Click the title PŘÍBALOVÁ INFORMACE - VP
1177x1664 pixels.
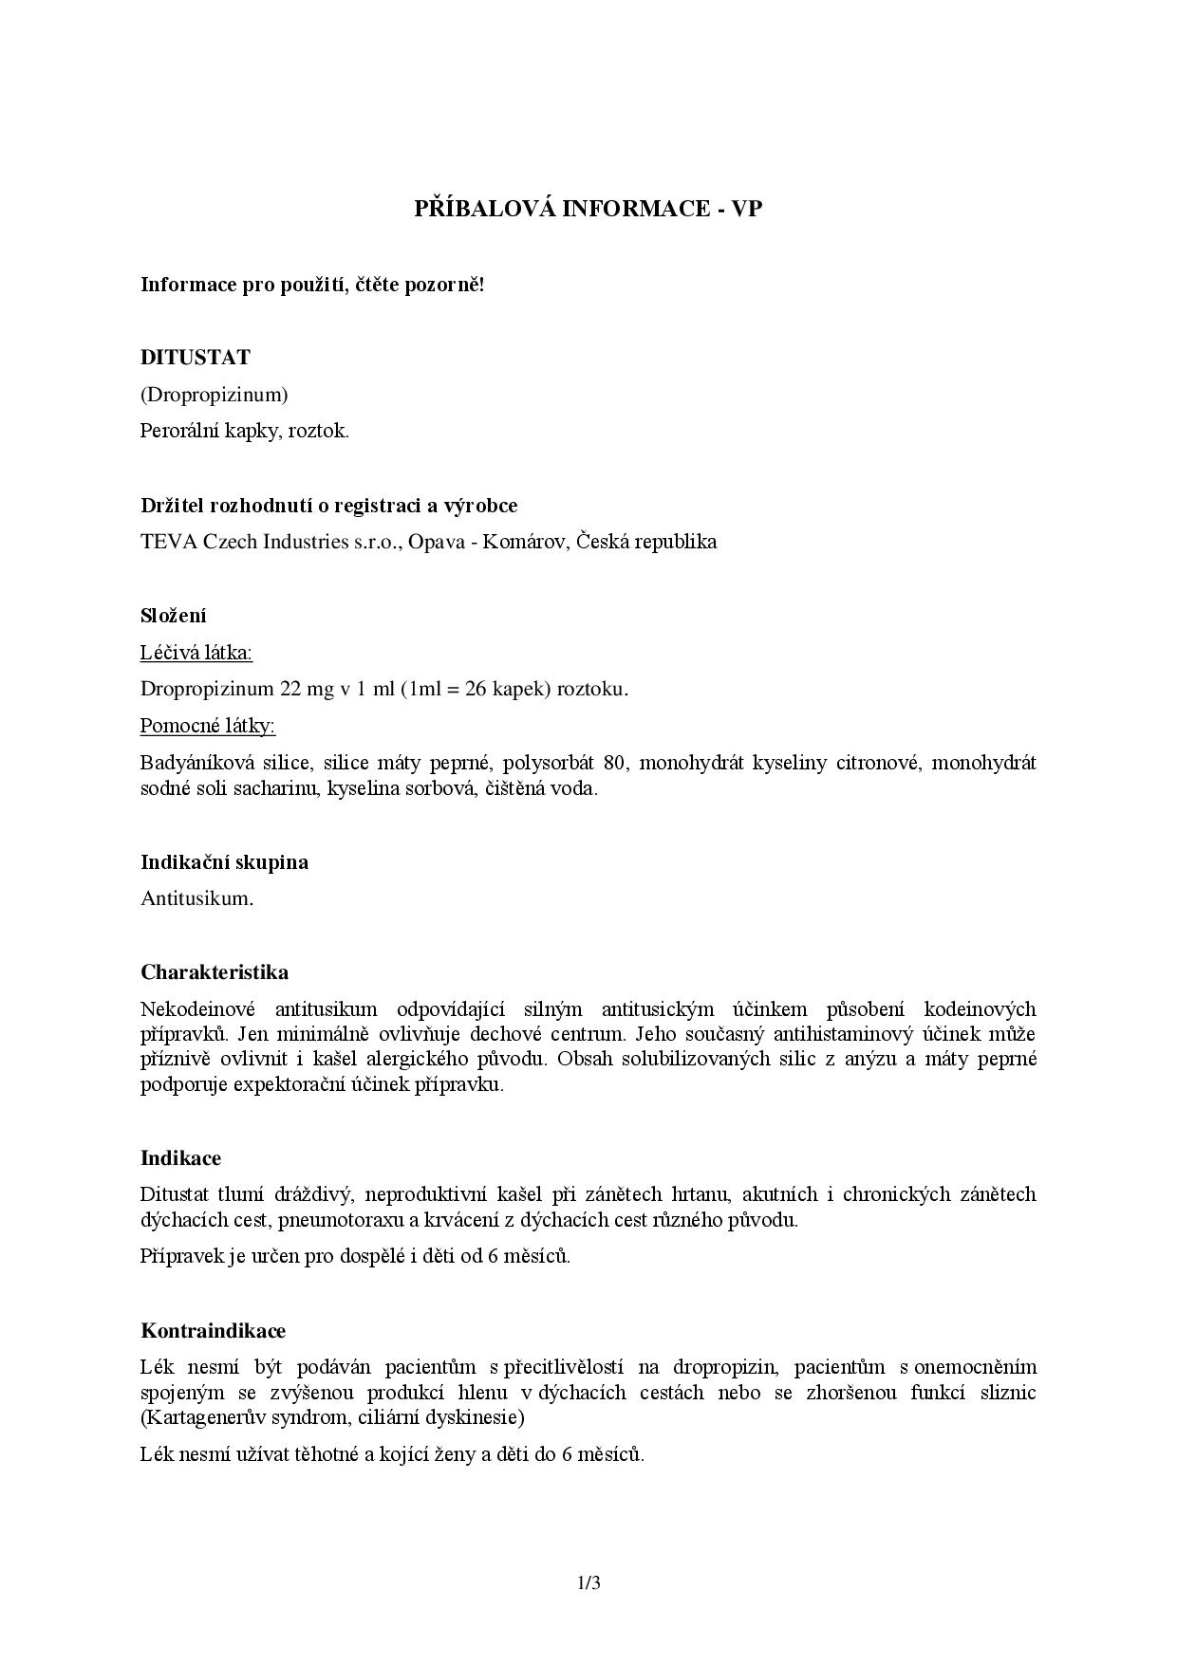588,209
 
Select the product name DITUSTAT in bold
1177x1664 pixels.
196,358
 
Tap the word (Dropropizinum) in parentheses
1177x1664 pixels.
215,394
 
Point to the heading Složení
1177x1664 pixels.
174,616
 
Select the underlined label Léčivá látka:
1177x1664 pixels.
196,653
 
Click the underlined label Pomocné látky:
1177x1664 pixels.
208,726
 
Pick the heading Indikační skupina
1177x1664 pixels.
224,862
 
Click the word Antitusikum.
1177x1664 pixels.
197,898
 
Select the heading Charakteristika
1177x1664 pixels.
215,972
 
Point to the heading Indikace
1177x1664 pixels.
180,1158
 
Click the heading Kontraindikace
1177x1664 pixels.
213,1331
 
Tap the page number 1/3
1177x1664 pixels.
588,1582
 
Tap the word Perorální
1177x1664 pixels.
178,431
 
